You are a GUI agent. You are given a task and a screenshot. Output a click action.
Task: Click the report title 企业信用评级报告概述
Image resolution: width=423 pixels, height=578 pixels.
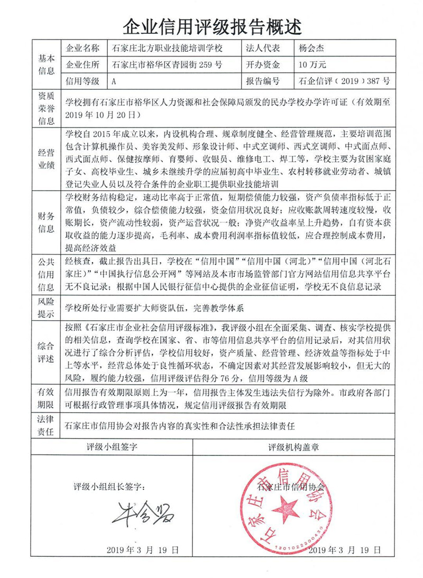pos(212,24)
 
